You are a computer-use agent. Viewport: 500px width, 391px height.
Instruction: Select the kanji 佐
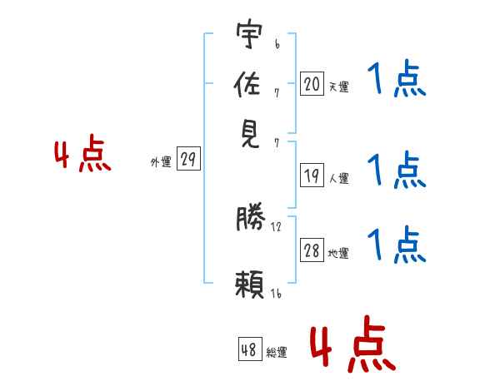247,84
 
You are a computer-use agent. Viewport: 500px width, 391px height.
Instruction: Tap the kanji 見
250,135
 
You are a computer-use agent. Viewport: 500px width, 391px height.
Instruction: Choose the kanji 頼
250,284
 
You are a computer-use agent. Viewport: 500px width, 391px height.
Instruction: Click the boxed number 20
312,83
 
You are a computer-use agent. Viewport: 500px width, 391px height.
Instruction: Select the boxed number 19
312,175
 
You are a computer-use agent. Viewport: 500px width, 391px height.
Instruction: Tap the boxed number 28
312,250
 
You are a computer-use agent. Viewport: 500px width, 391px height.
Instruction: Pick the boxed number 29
189,158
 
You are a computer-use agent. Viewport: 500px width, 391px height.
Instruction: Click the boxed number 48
250,349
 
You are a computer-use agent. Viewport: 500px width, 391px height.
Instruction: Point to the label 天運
339,87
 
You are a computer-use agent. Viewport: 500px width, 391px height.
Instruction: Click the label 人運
339,178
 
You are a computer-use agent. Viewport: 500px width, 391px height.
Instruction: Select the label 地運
338,254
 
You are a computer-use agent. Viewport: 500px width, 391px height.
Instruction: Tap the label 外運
161,161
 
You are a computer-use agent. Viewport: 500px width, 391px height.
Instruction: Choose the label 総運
277,352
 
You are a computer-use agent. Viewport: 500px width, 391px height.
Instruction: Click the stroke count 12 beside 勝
276,227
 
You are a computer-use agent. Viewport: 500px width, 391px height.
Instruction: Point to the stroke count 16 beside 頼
276,293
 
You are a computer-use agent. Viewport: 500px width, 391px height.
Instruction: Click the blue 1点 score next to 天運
397,78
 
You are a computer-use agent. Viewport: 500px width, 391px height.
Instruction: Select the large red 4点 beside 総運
353,344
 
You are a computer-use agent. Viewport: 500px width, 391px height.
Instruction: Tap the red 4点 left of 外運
82,153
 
